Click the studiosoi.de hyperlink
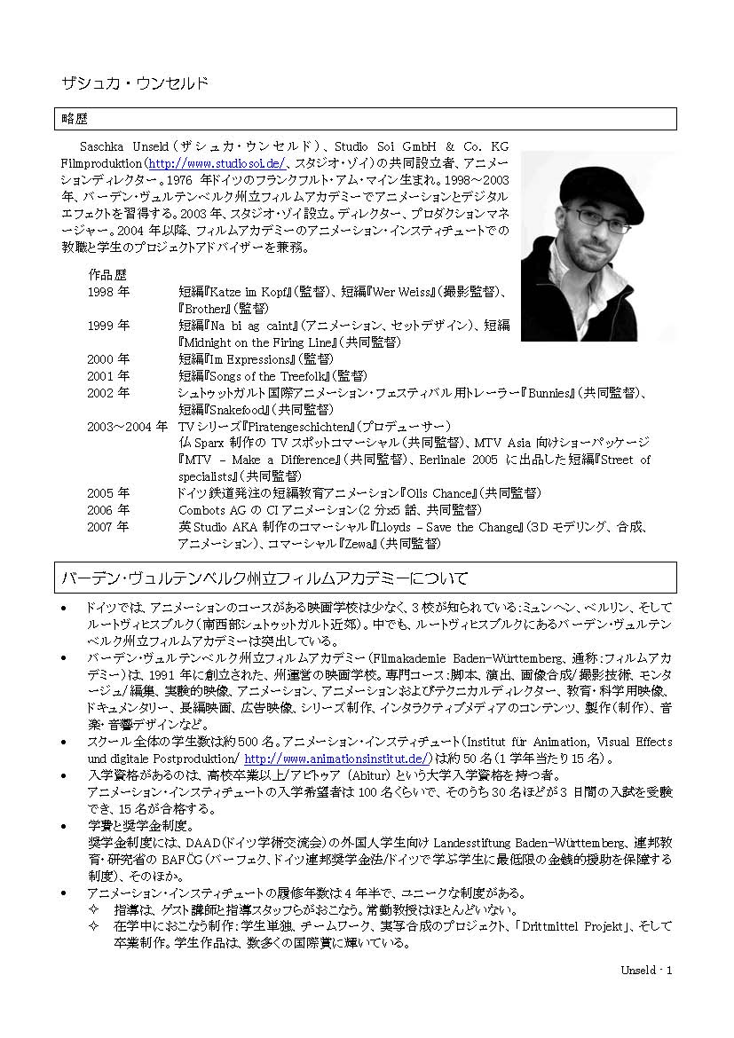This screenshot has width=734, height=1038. click(216, 164)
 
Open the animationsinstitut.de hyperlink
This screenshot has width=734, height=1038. click(337, 759)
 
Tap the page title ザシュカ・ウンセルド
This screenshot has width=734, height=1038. click(134, 83)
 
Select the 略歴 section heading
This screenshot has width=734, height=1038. click(75, 118)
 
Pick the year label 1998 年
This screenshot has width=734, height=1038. click(108, 291)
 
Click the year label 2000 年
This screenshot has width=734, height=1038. click(108, 359)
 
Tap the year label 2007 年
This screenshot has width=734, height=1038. click(108, 527)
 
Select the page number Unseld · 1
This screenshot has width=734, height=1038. click(646, 970)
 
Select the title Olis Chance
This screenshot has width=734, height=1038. click(439, 493)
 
